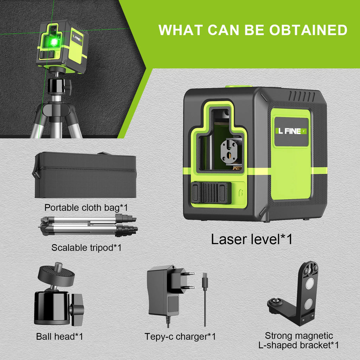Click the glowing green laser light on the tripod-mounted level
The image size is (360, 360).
click(54, 42)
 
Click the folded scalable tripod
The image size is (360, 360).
click(89, 226)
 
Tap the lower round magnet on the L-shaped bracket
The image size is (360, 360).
click(308, 303)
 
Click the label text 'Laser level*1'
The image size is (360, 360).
click(252, 239)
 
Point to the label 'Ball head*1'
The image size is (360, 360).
click(59, 336)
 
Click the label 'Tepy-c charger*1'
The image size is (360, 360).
click(180, 336)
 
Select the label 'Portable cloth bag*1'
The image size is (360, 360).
click(86, 207)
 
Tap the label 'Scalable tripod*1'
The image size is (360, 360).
click(86, 247)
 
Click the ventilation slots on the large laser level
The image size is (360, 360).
click(302, 96)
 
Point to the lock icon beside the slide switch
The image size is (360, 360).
click(241, 192)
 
